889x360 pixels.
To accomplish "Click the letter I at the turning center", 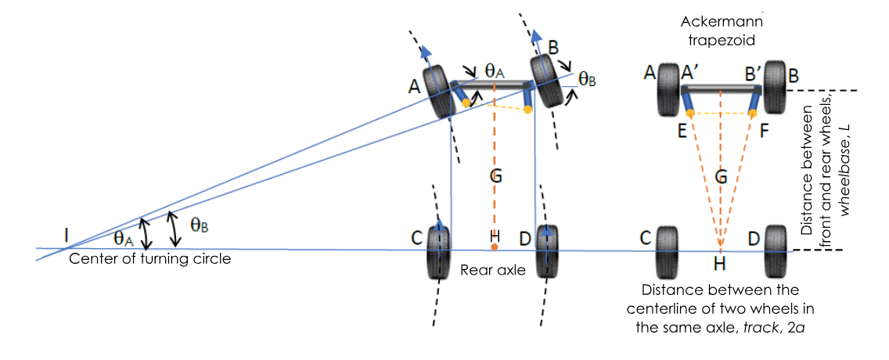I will click(68, 233).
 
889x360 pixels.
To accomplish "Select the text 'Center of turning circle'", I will click(150, 258).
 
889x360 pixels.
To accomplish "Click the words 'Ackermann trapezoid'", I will click(721, 29).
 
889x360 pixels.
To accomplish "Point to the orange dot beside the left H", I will click(494, 247).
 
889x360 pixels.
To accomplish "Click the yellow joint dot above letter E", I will click(689, 113).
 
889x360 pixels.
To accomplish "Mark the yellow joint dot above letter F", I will click(753, 113).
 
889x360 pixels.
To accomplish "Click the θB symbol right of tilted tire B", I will click(587, 79).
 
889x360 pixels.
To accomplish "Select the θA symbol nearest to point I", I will click(124, 237).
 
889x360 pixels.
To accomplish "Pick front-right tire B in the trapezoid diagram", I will click(776, 86).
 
